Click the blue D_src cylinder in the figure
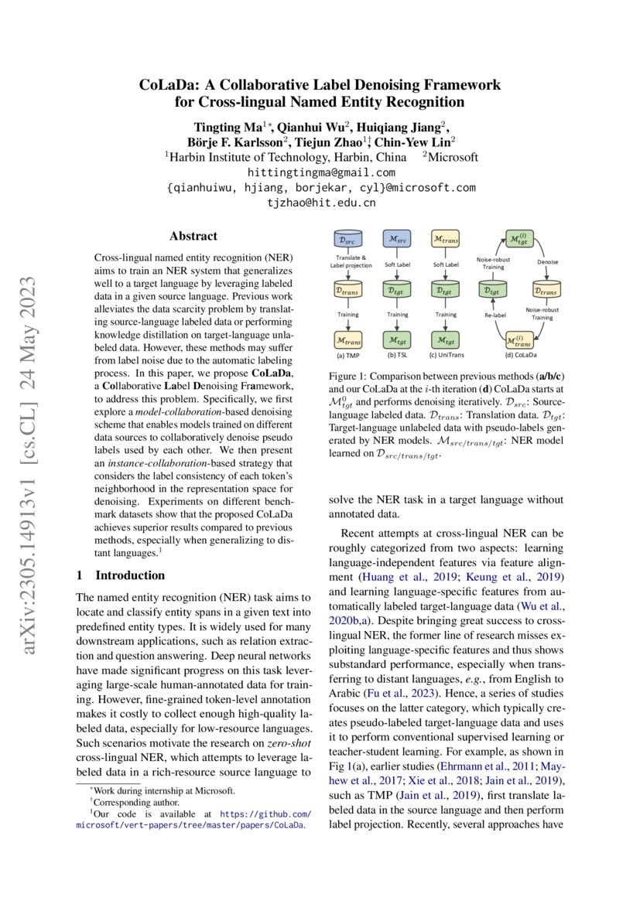click(350, 240)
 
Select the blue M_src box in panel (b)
click(398, 240)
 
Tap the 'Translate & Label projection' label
click(350, 261)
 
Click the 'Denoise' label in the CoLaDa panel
click(548, 261)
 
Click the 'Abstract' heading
click(193, 237)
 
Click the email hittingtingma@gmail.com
click(320, 172)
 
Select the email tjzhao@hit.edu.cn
click(320, 203)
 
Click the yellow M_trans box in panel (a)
click(350, 339)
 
